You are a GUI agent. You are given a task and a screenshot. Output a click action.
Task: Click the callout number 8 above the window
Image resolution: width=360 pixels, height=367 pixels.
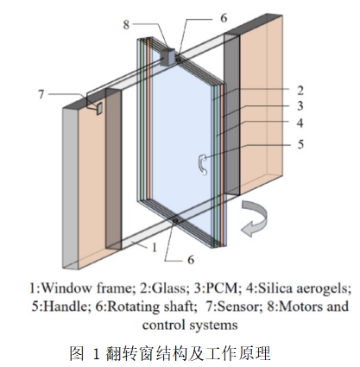tap(126, 24)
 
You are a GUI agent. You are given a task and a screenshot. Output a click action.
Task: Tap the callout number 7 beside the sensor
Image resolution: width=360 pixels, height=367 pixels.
tap(41, 94)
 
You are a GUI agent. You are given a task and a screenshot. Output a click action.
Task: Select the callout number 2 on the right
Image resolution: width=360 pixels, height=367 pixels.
tap(300, 91)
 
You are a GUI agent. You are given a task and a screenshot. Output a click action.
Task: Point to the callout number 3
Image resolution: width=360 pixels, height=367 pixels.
tap(300, 106)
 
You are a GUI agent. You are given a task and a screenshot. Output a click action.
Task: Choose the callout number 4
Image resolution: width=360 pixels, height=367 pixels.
tap(300, 123)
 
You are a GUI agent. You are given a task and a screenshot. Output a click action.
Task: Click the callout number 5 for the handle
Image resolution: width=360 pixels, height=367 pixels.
tap(300, 144)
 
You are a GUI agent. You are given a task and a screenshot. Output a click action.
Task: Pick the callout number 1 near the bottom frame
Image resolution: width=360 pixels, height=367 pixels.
tap(155, 247)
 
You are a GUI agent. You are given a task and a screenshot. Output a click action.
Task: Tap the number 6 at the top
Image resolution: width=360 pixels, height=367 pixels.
tap(224, 18)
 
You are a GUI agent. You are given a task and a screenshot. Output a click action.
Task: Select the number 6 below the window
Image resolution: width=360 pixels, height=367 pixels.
tap(191, 260)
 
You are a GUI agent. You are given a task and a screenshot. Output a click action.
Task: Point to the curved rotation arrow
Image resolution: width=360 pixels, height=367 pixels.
tap(255, 218)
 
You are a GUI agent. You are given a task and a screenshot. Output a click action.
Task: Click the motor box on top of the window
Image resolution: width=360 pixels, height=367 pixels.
tap(167, 58)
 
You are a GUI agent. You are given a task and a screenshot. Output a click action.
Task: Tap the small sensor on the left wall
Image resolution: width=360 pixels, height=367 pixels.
tap(99, 109)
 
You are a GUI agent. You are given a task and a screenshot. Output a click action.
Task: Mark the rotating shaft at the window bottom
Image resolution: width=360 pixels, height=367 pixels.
tap(175, 221)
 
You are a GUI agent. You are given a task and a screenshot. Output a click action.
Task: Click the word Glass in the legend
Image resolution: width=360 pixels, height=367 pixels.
tap(168, 288)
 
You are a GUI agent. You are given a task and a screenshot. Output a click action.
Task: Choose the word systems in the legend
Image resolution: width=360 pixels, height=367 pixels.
tap(214, 326)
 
